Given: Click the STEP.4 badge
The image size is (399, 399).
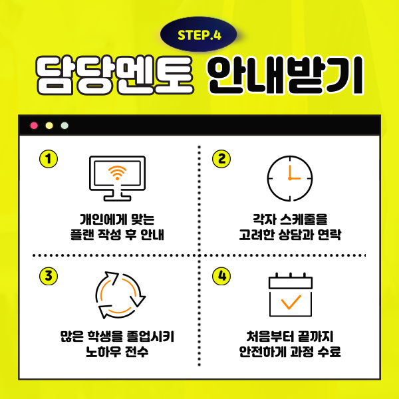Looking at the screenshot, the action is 198,35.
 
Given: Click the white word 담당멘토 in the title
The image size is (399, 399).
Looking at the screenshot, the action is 114,75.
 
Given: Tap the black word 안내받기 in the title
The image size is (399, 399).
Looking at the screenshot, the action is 285,75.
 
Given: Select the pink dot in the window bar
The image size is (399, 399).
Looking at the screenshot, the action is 34,126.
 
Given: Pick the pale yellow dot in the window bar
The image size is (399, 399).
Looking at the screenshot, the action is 49,126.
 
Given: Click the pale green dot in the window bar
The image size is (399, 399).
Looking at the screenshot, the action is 65,126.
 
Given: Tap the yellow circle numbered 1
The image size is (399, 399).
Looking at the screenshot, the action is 49,159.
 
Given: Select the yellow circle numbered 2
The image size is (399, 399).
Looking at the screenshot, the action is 221,159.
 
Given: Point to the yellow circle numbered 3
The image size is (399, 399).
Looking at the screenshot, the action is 49,276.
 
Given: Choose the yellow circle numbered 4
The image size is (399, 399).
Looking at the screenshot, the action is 221,276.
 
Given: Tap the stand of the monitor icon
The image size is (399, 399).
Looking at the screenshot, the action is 117,196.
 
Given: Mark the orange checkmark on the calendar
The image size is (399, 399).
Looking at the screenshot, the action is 291,302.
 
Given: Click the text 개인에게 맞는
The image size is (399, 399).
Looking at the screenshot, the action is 117,219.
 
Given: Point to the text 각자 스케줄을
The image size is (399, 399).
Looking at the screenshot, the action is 290,219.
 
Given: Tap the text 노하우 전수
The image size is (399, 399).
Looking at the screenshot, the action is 117,352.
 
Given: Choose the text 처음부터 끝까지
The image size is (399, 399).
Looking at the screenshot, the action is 290,336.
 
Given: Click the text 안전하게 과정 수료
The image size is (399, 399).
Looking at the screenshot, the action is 290,352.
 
